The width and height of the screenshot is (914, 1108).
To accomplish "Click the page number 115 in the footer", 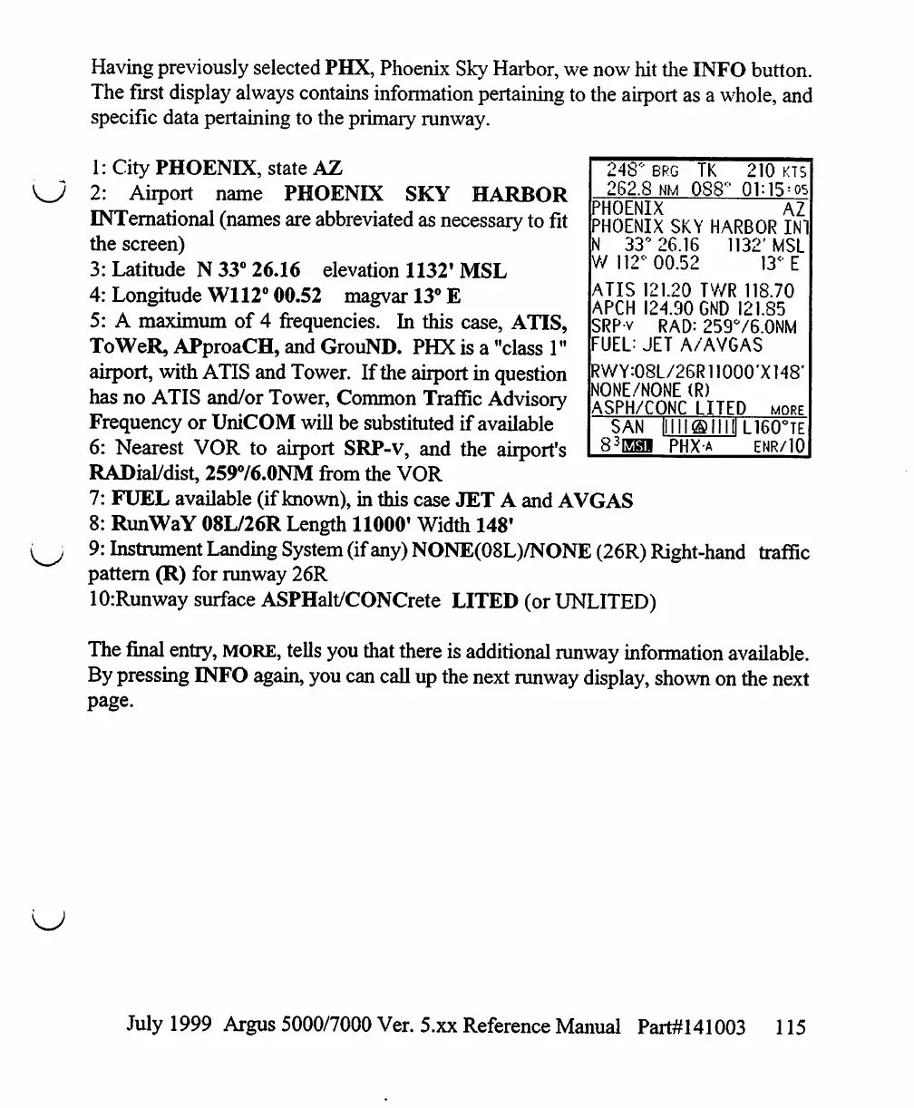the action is (x=791, y=1027).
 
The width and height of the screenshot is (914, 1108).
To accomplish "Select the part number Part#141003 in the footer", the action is (x=691, y=1027).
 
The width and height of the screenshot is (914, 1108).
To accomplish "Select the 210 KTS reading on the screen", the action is (x=777, y=170).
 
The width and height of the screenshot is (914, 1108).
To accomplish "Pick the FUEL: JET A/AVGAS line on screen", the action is (x=676, y=345).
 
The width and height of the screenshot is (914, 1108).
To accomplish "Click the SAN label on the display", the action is (x=627, y=427).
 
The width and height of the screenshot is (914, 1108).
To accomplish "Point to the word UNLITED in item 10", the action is (x=603, y=601).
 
